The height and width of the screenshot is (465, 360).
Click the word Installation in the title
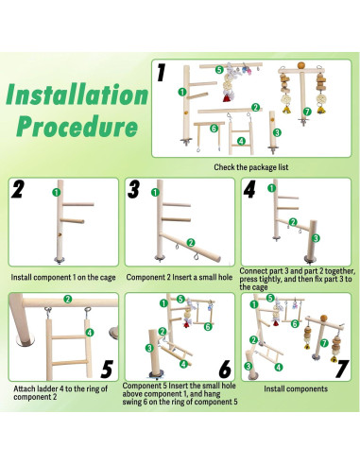coord(77,95)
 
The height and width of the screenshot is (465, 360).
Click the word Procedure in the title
coord(77,127)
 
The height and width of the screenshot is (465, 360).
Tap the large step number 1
coord(162,73)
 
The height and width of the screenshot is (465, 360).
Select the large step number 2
coord(18,189)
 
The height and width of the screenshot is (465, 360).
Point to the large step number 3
coord(134,189)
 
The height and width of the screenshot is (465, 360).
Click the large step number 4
coord(249,189)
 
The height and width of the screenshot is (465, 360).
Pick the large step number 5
coord(107,369)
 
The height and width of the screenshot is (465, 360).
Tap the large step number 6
coord(225,369)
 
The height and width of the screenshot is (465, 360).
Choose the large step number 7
coord(342,369)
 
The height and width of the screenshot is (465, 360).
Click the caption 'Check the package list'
coord(251,167)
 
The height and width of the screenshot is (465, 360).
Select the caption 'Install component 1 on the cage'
coord(63,277)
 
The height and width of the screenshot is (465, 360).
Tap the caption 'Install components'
coord(296,388)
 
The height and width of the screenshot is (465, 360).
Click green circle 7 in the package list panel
coord(307,112)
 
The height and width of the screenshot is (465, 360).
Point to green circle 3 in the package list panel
coord(277,132)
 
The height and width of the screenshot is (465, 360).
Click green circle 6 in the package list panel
coord(214,129)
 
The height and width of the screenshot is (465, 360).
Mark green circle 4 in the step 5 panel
coord(90,332)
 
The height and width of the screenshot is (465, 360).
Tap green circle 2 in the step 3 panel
coord(191,243)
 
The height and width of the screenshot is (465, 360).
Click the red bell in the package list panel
coord(227,98)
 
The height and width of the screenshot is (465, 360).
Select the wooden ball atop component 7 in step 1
coord(301,65)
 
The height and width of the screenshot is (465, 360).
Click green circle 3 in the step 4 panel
coord(316,238)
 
